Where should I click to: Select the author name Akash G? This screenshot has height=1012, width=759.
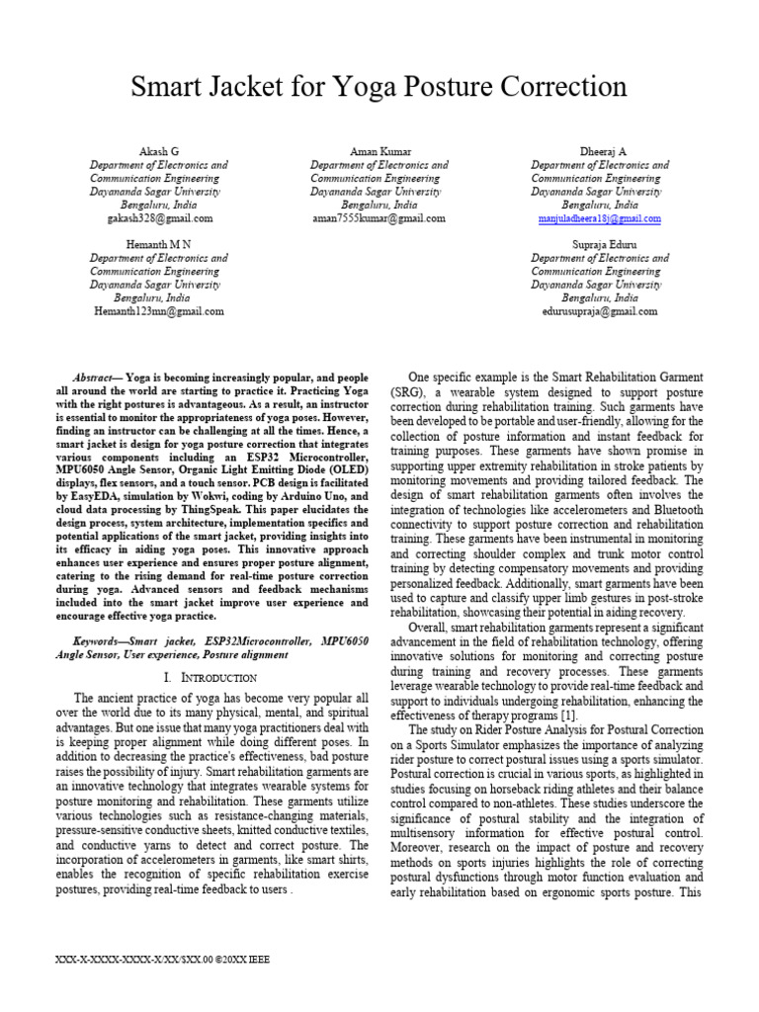click(x=158, y=150)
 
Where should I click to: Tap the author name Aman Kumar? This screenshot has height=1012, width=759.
click(x=379, y=150)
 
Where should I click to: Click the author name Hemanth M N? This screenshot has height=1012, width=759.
click(x=158, y=243)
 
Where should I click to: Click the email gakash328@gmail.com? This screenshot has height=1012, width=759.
click(x=158, y=218)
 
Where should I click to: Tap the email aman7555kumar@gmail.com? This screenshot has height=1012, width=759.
click(x=379, y=218)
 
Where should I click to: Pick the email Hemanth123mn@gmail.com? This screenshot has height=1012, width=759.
click(x=158, y=310)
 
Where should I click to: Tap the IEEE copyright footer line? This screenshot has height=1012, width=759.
click(x=165, y=959)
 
